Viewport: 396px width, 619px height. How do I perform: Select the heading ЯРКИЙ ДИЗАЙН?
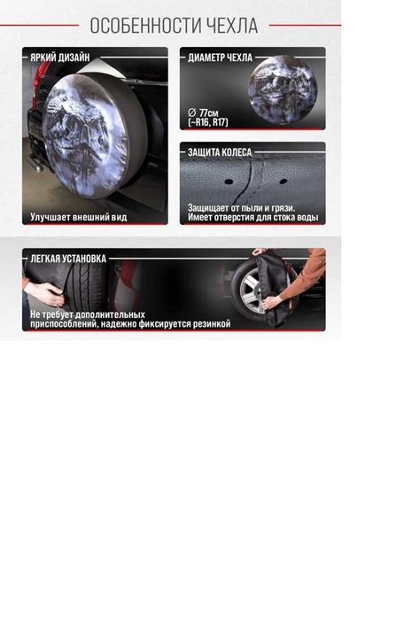60,58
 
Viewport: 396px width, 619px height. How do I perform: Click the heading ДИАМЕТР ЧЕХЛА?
220,58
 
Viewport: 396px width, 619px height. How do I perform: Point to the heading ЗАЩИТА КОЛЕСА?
220,152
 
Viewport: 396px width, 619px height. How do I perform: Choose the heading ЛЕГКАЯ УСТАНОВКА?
68,259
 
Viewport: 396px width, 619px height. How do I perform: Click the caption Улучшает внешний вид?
79,217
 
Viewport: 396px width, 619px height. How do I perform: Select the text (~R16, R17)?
208,122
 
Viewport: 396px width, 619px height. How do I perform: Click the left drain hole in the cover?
229,182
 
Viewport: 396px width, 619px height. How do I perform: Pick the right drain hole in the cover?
283,182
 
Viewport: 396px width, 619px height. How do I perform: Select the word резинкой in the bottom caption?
212,324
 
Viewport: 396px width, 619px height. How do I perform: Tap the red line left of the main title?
40,26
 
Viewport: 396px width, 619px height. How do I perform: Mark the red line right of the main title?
305,26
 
